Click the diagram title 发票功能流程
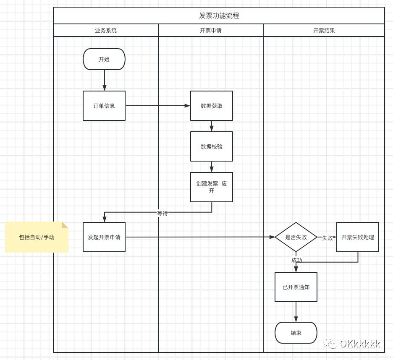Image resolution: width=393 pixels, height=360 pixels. [219, 16]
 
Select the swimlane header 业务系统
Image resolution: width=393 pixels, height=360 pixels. [106, 30]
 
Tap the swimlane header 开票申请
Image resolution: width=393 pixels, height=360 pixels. [211, 30]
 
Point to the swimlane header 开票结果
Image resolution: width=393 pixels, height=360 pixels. [324, 30]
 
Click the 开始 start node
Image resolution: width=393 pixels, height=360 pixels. [104, 59]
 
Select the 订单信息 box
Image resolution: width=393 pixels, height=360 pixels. [104, 106]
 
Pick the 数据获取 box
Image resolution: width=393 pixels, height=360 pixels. [212, 106]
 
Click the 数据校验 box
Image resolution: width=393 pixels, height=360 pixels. [212, 146]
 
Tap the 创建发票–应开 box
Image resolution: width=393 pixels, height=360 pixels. [212, 187]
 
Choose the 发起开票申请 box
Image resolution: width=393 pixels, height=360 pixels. [104, 237]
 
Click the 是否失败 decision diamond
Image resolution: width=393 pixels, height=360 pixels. [296, 237]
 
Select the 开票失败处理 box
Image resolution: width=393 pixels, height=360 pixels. [358, 237]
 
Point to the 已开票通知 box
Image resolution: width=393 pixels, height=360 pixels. [296, 287]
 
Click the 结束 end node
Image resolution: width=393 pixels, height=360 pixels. [296, 333]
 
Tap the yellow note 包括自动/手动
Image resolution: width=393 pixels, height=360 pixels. [37, 237]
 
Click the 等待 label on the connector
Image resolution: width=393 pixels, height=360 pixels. [162, 213]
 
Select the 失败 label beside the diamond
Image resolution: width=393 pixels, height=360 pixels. [327, 238]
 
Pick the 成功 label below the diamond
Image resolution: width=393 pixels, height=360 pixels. [297, 260]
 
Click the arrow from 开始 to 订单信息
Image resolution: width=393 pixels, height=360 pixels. [105, 80]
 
